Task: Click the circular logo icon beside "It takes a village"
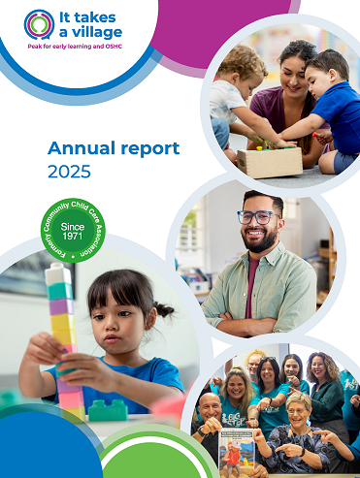point(40,24)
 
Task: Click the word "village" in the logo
point(94,32)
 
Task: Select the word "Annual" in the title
point(84,148)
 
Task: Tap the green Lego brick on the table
point(108,408)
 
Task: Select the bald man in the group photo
point(210,411)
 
